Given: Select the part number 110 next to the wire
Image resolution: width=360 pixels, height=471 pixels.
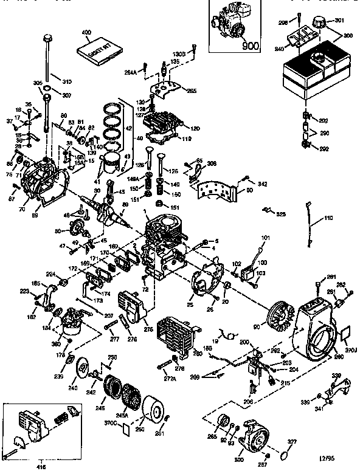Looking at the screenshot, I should (x=329, y=218).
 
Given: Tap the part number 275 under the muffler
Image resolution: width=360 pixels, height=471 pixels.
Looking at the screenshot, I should (x=147, y=329).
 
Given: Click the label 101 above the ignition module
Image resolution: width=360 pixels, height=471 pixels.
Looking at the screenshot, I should (x=248, y=238).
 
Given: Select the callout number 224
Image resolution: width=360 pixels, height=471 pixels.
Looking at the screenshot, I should (x=50, y=273).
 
